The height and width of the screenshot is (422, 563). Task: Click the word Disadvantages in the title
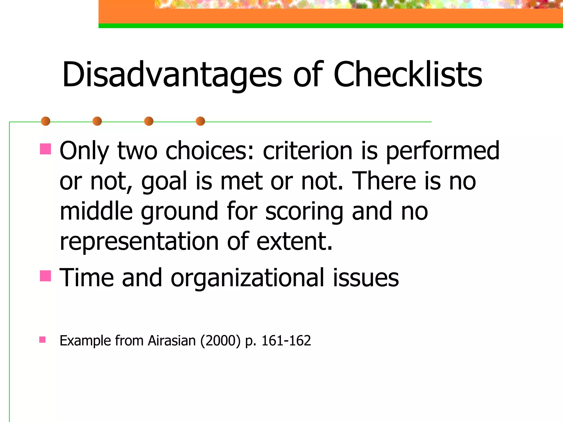172,75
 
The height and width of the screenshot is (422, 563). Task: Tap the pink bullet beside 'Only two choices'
45,149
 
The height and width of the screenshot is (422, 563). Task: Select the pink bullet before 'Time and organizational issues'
45,276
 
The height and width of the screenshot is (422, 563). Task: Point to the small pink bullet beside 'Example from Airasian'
42,340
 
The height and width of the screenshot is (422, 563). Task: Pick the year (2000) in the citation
220,341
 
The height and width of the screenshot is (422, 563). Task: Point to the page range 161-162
286,341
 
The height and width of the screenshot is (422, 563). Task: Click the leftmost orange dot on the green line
46,121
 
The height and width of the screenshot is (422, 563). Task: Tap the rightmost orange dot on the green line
200,121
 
